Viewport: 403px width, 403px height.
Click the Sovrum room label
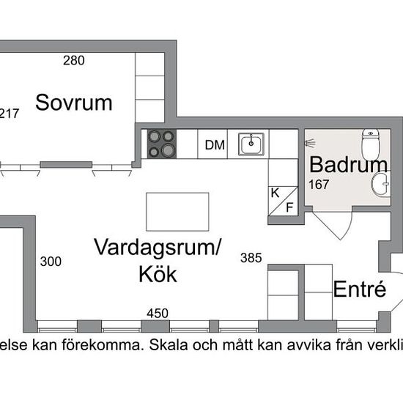(x=74, y=103)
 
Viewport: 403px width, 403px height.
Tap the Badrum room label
(x=349, y=165)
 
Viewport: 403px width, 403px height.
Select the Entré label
(x=360, y=289)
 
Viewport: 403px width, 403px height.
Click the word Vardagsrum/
(x=158, y=247)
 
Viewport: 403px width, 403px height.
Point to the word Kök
(x=158, y=274)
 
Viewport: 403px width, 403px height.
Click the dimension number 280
(x=74, y=61)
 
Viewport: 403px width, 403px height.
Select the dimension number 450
(x=158, y=314)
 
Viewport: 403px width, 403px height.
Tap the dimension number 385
(x=251, y=258)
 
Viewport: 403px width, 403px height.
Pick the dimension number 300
(x=51, y=262)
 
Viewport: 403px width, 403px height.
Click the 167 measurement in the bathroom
(x=319, y=185)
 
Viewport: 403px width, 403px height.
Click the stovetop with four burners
(x=162, y=144)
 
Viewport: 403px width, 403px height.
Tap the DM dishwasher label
(x=215, y=145)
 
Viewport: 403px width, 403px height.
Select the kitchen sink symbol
(x=251, y=144)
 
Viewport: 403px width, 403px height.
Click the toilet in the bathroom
(x=371, y=144)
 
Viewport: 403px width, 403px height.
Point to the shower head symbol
(x=310, y=143)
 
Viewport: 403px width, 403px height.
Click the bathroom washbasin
(x=381, y=183)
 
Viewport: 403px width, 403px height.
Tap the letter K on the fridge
(x=275, y=193)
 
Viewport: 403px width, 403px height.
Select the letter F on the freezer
(x=289, y=207)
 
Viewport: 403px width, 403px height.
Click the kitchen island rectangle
(x=177, y=212)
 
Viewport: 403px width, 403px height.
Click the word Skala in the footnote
(x=169, y=345)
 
